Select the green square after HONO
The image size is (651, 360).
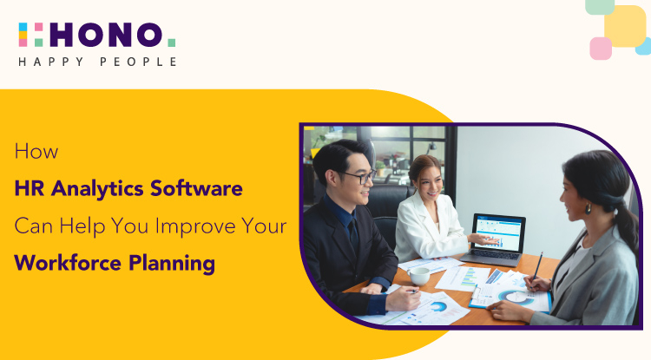(171, 42)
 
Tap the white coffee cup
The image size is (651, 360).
(421, 275)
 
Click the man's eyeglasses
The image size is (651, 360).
(357, 177)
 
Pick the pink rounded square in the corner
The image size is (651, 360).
(601, 48)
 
